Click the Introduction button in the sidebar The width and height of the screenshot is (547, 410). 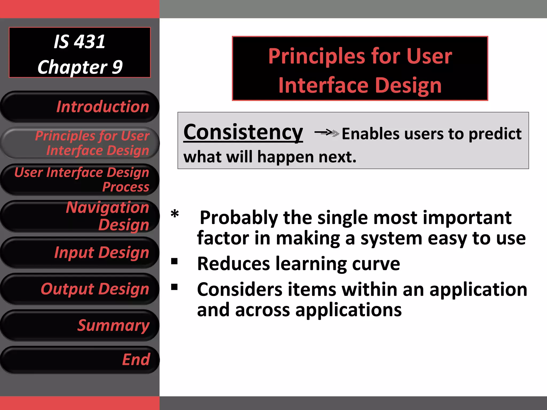[x=80, y=107]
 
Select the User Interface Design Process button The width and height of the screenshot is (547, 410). [x=80, y=179]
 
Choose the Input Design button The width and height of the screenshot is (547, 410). [x=80, y=252]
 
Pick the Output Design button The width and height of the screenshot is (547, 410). [x=80, y=289]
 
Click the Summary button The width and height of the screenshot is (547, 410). [x=80, y=325]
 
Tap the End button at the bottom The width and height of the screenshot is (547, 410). [x=80, y=360]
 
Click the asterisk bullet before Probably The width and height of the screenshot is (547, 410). [x=175, y=214]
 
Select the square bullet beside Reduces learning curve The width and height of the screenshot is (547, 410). [x=174, y=261]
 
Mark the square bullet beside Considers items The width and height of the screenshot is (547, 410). [x=174, y=287]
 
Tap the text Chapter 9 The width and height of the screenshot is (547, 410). [x=80, y=67]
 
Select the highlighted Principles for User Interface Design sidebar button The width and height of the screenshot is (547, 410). [x=80, y=143]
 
